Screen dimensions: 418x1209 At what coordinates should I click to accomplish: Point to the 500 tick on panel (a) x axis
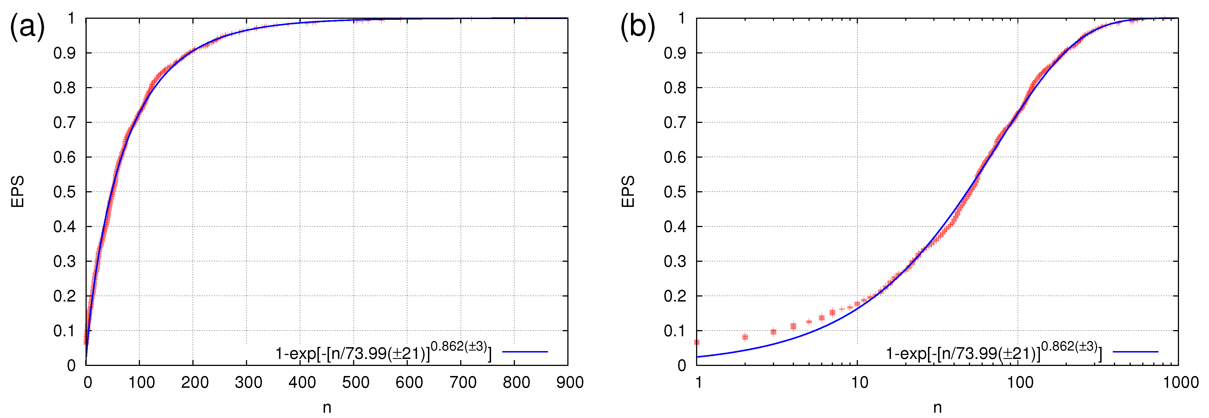click(x=355, y=382)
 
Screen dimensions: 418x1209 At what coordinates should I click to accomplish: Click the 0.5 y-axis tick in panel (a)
click(x=64, y=192)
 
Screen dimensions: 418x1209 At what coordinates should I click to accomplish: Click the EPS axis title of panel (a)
click(x=17, y=192)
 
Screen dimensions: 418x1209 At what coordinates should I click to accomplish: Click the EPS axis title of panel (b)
click(x=628, y=192)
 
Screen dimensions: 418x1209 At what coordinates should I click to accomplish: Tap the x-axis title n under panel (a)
click(x=327, y=408)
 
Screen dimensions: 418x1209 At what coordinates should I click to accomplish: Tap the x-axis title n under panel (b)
click(x=937, y=408)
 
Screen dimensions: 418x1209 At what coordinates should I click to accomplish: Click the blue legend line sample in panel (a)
click(x=525, y=351)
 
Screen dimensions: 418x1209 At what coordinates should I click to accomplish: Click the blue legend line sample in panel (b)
click(x=1135, y=351)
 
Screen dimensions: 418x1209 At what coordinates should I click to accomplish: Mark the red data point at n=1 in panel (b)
click(x=697, y=342)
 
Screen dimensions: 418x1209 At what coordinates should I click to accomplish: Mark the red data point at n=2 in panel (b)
click(x=745, y=337)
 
